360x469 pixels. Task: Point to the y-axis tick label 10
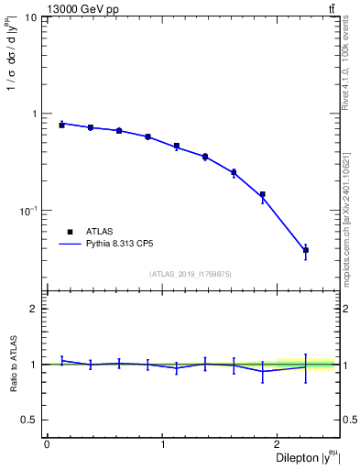point(30,18)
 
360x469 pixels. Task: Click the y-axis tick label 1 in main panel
point(34,115)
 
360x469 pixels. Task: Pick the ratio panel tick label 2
point(34,309)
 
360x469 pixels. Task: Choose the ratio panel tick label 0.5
point(29,420)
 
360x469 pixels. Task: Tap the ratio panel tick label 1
point(34,365)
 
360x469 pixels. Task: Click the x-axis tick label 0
point(46,445)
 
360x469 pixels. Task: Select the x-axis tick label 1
point(163,445)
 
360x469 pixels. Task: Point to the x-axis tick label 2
point(279,445)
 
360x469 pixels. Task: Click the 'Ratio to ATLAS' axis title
point(13,365)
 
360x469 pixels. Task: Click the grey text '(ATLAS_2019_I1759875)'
point(191,273)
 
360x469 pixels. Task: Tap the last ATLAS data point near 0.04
point(306,250)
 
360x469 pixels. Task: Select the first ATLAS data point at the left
point(61,125)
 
